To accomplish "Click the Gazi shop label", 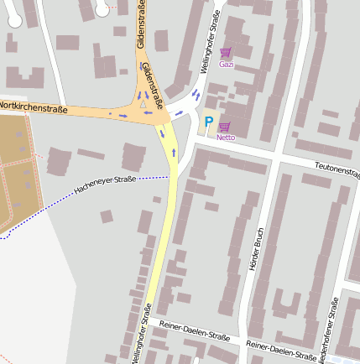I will (225, 64).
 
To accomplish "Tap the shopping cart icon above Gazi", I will (225, 53).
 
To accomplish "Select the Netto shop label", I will (225, 137).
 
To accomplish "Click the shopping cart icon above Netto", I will (225, 127).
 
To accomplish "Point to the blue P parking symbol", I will (209, 122).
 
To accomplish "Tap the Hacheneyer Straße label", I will (105, 185).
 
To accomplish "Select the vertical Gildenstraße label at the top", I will (141, 30).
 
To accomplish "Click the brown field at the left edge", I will (13, 168).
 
